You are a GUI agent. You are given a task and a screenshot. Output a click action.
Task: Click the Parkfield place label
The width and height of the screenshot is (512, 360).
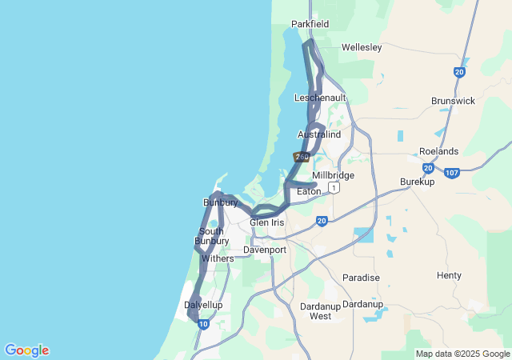point(310,24)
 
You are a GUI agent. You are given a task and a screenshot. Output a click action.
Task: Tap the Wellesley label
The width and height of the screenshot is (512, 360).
point(362,47)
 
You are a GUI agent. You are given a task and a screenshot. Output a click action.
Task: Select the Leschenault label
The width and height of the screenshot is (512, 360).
point(320,98)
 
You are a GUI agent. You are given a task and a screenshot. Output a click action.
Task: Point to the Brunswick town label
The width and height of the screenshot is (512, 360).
point(453,101)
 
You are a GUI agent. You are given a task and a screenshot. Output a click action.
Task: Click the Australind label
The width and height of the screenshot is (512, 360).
point(319,134)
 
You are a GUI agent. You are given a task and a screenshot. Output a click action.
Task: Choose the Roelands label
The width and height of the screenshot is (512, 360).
point(439,151)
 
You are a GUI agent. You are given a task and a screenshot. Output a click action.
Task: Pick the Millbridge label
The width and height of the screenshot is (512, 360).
point(333,175)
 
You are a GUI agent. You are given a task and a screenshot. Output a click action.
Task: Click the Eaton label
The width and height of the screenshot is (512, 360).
point(309,192)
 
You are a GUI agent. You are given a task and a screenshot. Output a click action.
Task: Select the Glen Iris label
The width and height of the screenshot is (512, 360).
point(266,222)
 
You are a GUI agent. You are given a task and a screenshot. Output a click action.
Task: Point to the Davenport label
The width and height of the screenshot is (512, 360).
point(264,250)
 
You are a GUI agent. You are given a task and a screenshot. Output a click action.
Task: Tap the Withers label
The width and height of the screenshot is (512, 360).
point(218,258)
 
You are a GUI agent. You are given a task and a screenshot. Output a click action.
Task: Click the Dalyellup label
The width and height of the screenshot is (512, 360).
point(203,305)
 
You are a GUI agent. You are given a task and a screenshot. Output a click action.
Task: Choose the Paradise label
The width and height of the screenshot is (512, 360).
point(361,278)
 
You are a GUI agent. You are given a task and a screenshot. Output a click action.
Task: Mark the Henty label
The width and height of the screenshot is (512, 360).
point(449,275)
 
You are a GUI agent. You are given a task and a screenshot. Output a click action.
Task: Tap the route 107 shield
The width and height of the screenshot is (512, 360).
point(452,172)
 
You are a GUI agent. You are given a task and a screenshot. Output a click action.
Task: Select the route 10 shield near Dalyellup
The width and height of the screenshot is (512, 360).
point(204,324)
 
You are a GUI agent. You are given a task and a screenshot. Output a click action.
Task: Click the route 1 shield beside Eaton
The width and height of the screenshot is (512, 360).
point(334,187)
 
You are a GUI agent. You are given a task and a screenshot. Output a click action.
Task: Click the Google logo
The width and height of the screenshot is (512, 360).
point(26,350)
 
